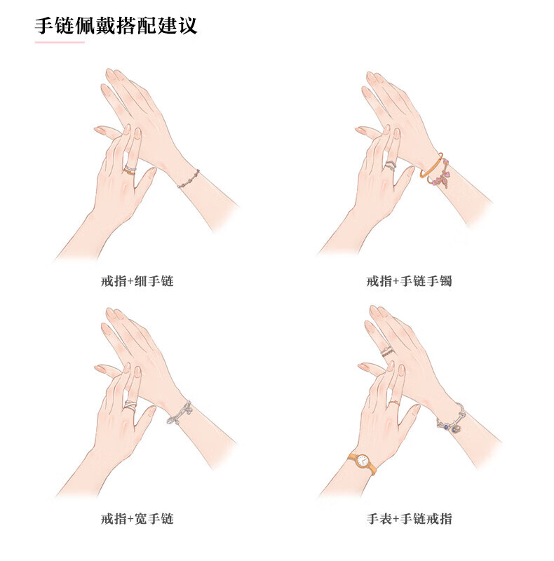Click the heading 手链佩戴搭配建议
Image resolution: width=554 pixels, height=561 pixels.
(x=116, y=25)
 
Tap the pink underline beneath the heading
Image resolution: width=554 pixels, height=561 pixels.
(x=60, y=42)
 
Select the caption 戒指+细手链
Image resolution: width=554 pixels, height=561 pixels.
(x=137, y=281)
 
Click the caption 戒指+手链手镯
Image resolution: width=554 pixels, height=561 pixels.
(x=409, y=281)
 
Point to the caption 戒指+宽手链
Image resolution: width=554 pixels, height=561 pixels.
(x=137, y=518)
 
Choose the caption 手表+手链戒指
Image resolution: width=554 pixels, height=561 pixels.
(x=409, y=518)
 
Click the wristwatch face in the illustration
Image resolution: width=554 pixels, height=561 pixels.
(x=363, y=461)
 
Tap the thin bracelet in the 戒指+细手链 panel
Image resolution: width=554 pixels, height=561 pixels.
(x=189, y=179)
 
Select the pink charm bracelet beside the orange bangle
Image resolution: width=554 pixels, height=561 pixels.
(x=441, y=174)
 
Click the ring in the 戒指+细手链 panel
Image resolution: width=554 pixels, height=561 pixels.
(x=130, y=170)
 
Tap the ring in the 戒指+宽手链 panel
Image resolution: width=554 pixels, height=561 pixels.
(x=130, y=407)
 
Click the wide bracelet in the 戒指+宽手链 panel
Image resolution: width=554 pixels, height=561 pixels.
(x=180, y=414)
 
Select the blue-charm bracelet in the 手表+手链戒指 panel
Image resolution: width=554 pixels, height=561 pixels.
(x=452, y=419)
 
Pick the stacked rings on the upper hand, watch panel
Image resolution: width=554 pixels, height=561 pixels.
(x=387, y=351)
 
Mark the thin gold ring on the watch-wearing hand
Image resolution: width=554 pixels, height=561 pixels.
(x=393, y=404)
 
